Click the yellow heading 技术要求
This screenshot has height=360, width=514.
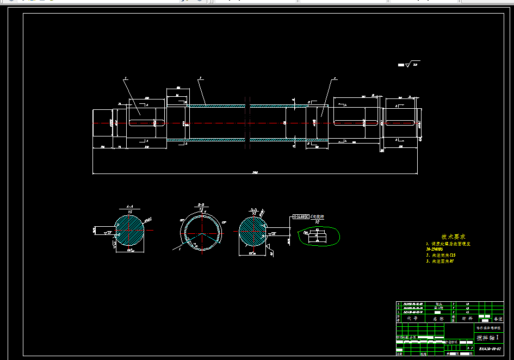(x=453, y=237)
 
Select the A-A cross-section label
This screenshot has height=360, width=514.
(x=130, y=207)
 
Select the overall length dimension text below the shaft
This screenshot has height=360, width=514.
(x=255, y=172)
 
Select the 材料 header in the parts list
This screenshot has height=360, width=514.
(x=467, y=318)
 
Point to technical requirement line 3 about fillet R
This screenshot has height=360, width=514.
(x=442, y=261)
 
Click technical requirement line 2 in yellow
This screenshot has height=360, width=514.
(x=442, y=255)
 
